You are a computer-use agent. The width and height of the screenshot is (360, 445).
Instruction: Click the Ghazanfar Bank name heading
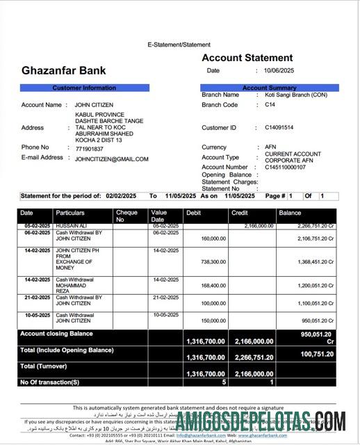tap(64, 70)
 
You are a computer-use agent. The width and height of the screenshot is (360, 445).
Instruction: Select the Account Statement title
tap(247, 58)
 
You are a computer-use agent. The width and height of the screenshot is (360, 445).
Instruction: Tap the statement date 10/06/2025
tap(279, 71)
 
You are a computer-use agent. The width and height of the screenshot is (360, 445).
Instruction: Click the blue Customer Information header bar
tap(84, 88)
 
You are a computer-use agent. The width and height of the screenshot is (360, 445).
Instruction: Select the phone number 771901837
tap(89, 148)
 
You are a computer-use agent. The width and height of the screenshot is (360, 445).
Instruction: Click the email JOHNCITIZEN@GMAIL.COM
tap(111, 159)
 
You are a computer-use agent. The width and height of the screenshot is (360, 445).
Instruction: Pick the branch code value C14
tap(270, 105)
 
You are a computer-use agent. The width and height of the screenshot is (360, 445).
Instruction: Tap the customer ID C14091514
tap(279, 128)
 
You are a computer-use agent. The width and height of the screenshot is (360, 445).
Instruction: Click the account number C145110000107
tap(285, 168)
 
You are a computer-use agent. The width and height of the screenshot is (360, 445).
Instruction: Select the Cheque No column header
tap(126, 216)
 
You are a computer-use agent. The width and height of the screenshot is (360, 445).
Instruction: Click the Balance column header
tap(290, 213)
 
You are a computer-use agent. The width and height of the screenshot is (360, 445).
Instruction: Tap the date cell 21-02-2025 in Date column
tap(36, 297)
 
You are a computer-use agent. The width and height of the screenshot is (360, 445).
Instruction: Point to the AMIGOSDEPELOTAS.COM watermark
tap(260, 421)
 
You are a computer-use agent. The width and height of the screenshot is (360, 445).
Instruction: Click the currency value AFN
tap(270, 147)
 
